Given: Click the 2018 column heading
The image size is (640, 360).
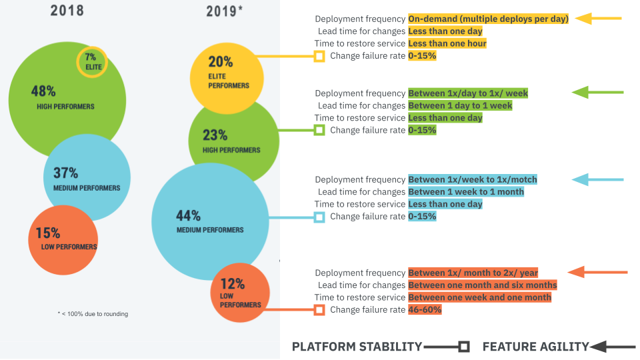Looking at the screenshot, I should (67, 11).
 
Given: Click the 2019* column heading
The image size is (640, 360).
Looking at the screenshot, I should (225, 11).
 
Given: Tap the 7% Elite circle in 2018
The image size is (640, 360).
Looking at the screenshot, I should (91, 61).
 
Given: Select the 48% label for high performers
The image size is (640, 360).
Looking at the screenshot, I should (43, 91).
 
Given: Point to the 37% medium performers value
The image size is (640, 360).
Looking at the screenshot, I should (66, 173).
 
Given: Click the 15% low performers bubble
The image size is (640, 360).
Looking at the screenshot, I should (63, 239).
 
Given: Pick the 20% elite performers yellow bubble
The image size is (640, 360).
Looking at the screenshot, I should (223, 73).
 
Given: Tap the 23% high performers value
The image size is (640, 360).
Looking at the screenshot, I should (215, 135).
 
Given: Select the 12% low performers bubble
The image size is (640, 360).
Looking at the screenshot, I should (239, 293).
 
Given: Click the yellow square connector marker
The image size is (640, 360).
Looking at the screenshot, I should (319, 56).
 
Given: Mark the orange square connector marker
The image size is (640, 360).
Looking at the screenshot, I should (319, 309).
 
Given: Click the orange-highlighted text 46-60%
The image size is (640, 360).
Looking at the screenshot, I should (425, 310).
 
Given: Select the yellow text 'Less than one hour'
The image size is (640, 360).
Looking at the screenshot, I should (447, 43).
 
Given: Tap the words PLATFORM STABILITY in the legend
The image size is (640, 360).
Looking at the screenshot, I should (357, 347).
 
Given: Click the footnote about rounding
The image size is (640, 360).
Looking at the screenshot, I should (93, 314).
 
